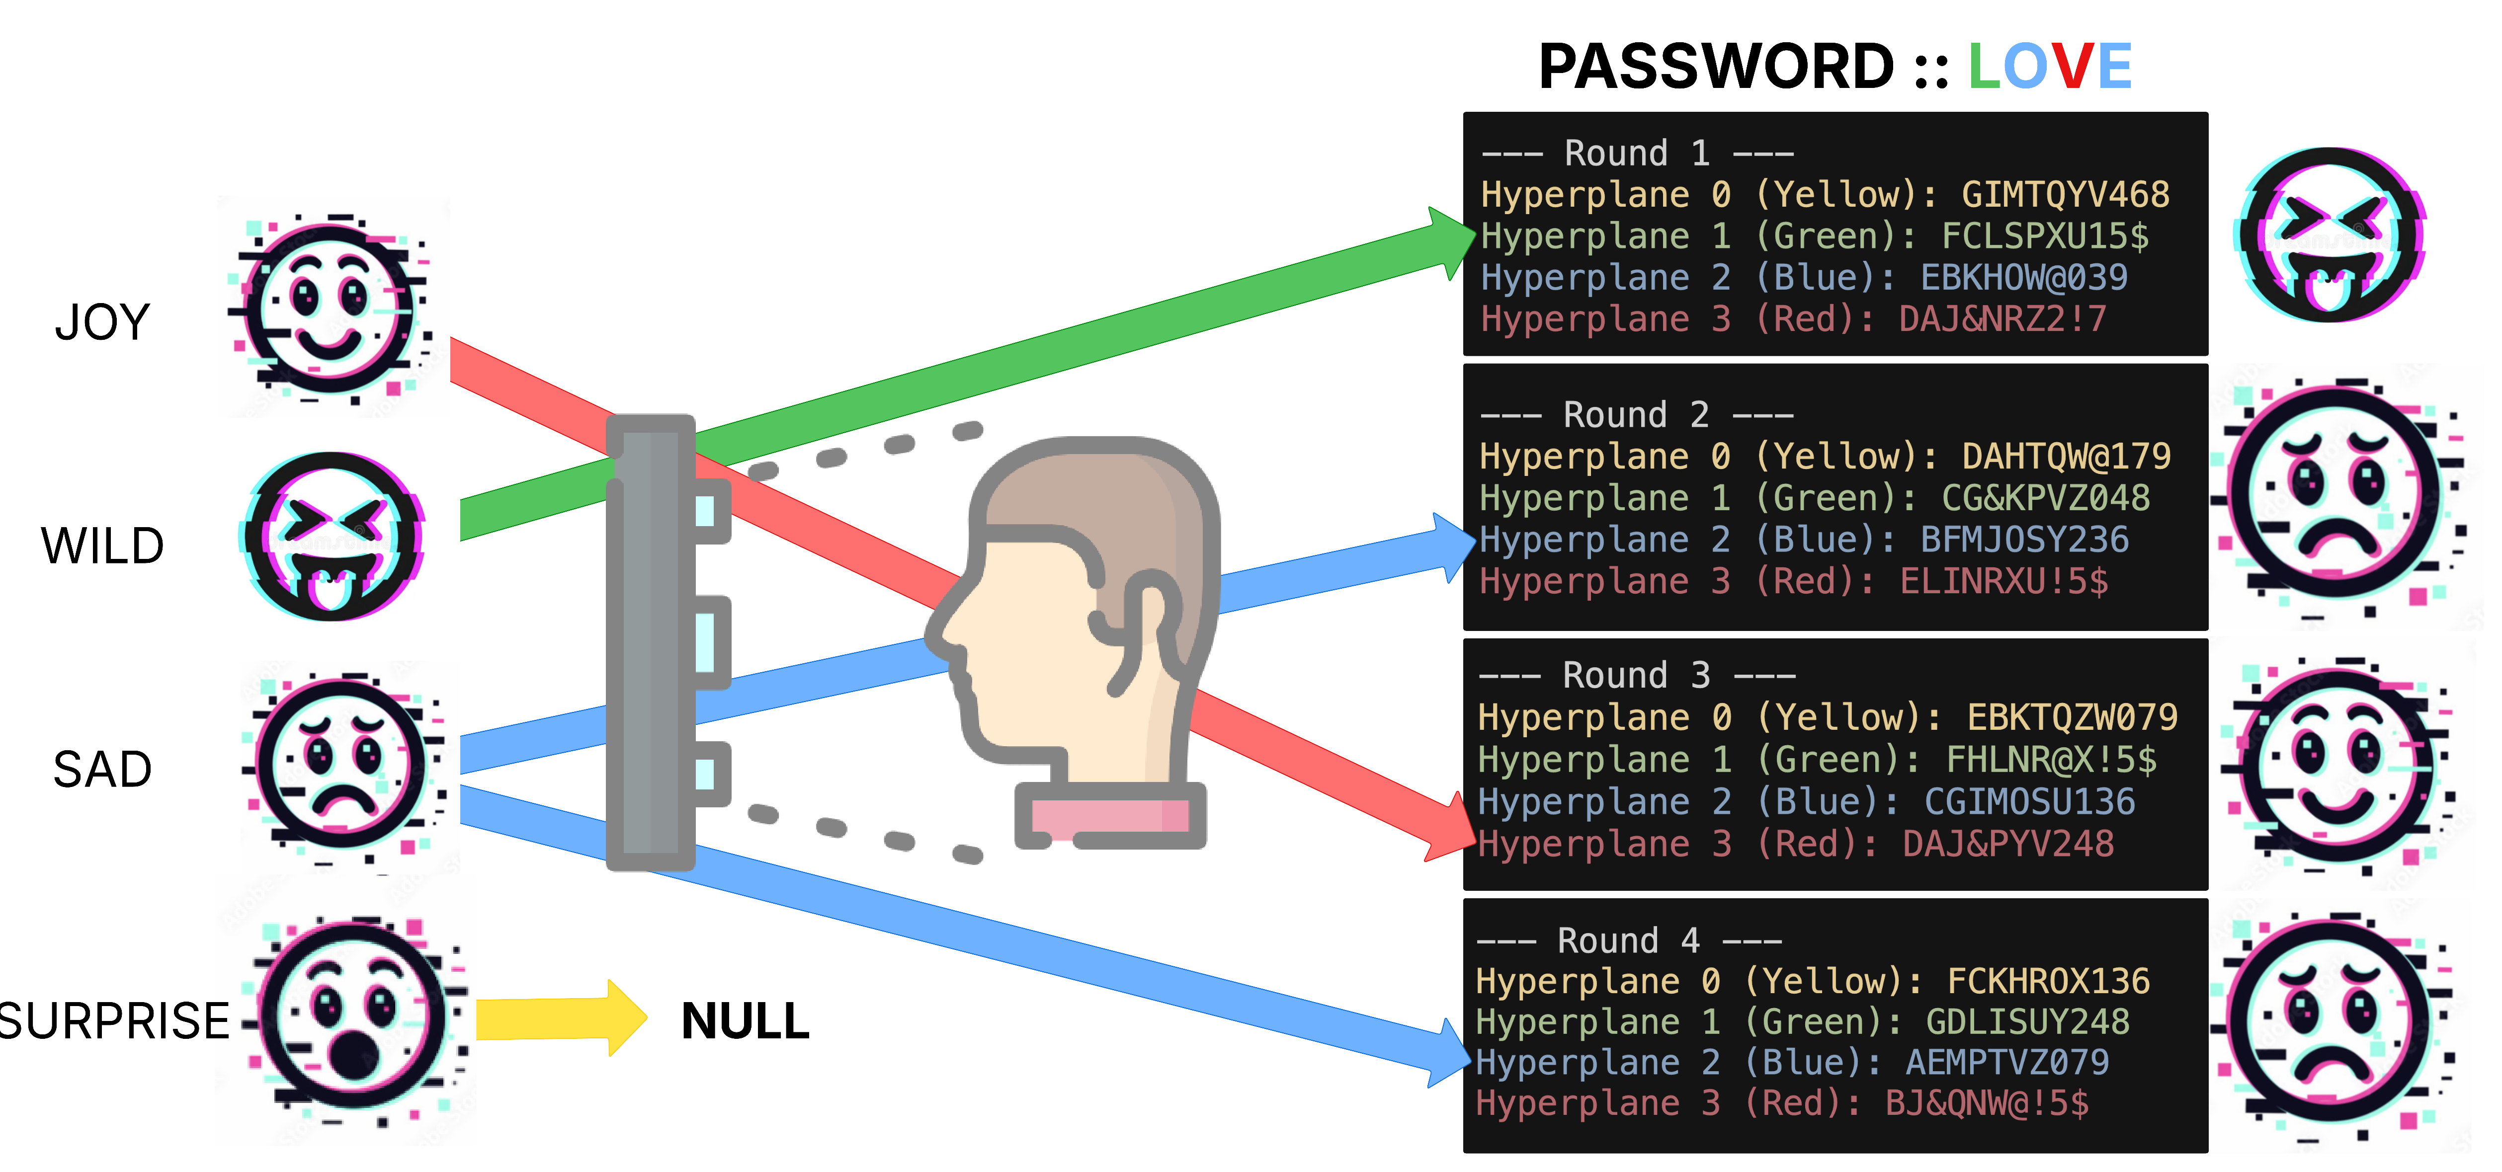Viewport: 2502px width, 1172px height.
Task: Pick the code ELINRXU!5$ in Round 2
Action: click(2003, 582)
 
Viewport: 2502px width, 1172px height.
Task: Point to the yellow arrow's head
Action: click(626, 1017)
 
